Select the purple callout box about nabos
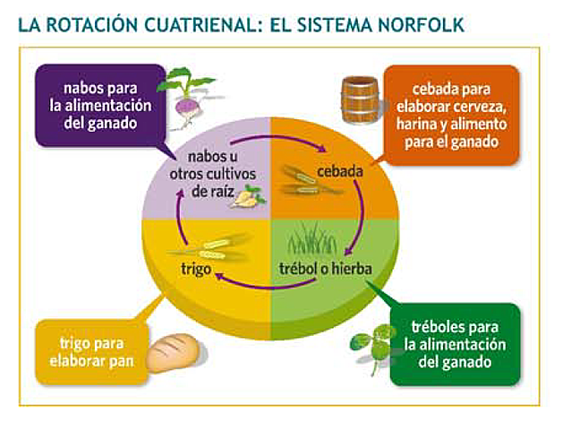click(99, 104)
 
